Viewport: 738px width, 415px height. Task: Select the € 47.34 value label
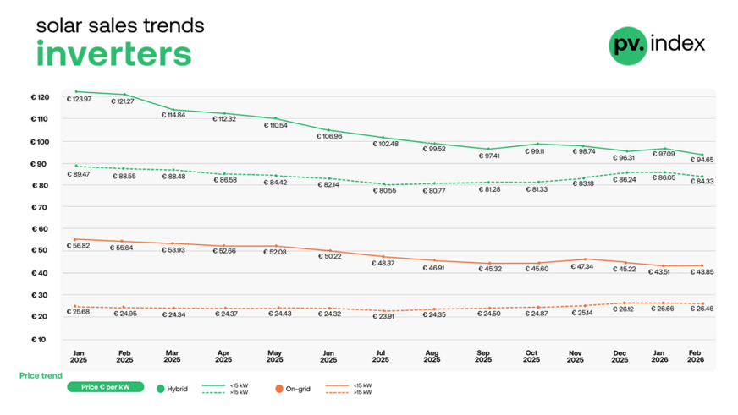click(576, 266)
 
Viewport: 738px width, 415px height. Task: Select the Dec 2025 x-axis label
click(620, 355)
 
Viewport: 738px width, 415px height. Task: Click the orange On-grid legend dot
click(279, 389)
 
